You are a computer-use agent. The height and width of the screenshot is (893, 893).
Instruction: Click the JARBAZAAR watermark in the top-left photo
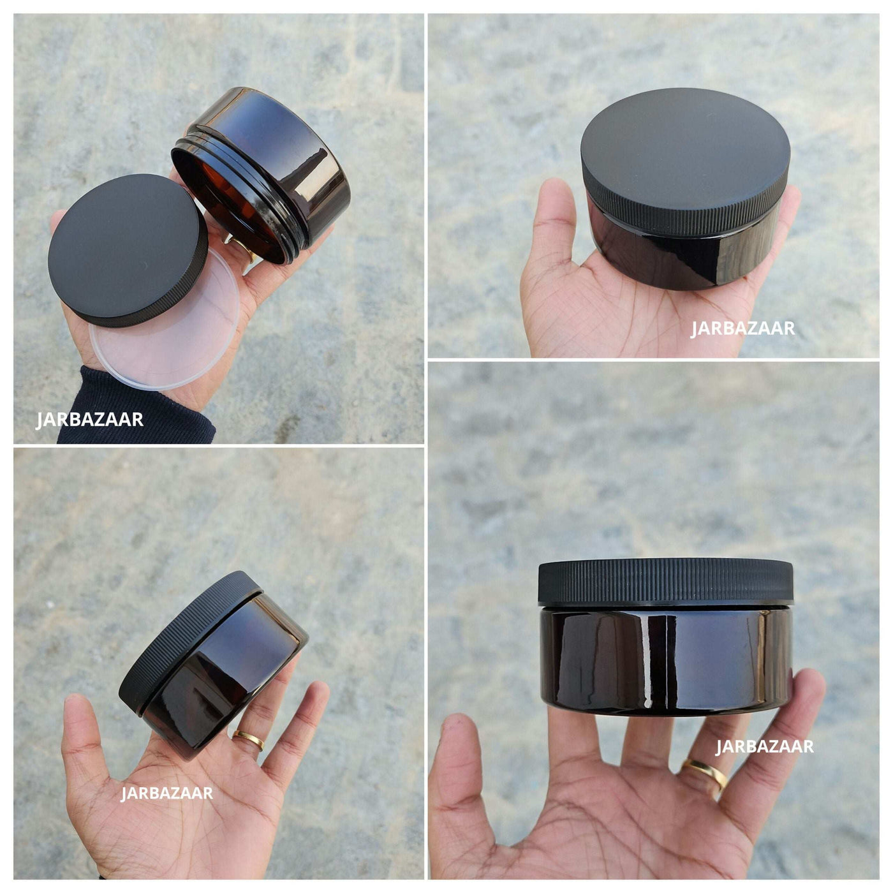89,419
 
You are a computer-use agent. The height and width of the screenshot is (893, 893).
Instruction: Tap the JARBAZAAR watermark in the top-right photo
743,328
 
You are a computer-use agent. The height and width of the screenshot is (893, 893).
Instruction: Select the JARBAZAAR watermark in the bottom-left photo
167,793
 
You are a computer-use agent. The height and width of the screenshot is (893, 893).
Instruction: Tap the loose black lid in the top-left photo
128,250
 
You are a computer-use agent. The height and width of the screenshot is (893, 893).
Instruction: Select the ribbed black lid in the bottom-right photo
666,582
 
